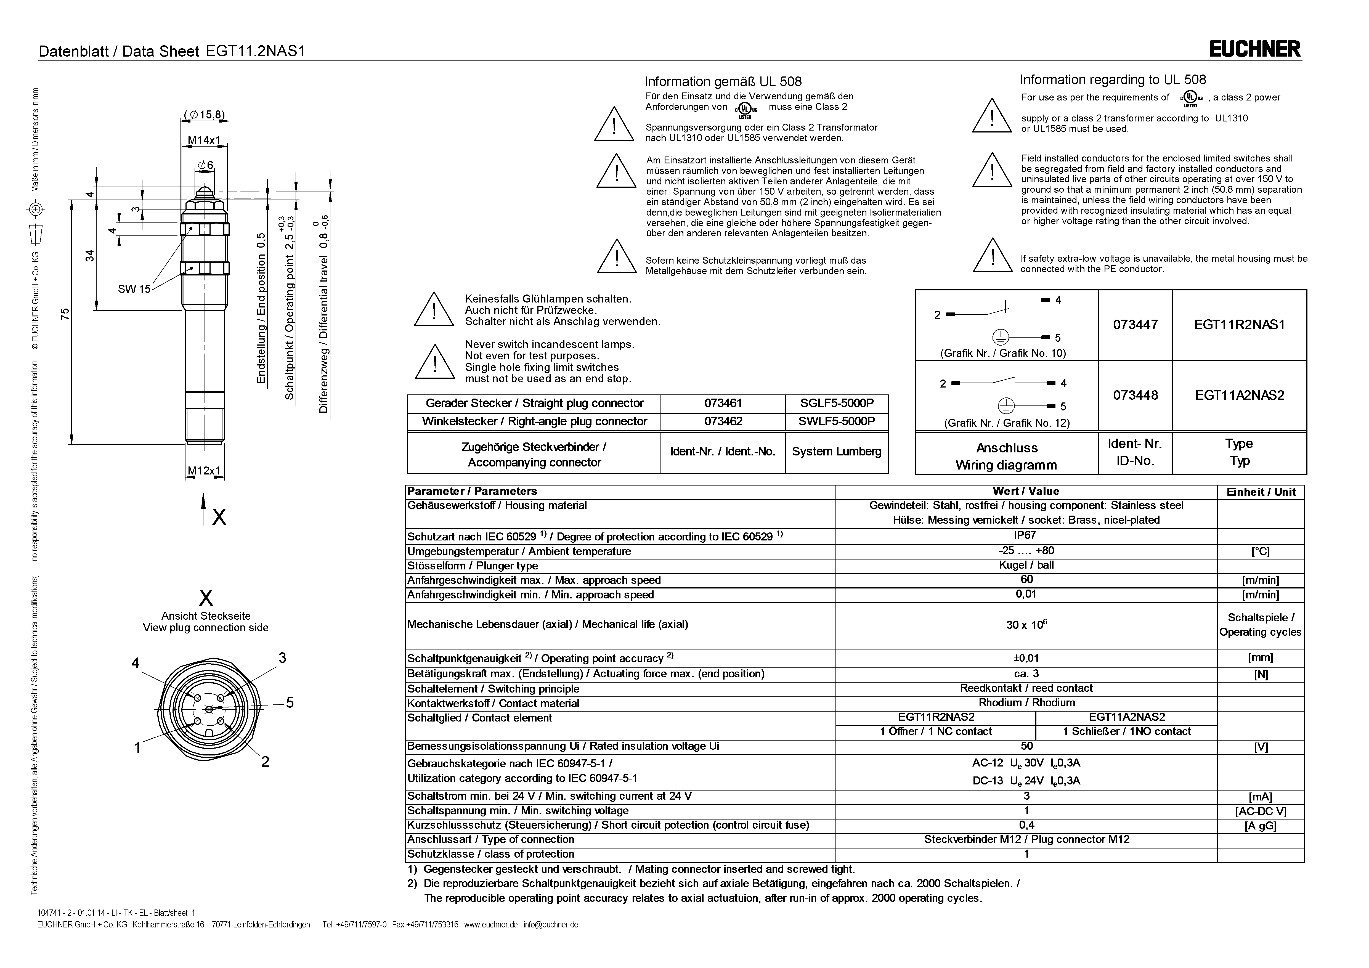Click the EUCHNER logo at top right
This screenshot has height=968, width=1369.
pos(1254,49)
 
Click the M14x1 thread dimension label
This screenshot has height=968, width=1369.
pos(204,140)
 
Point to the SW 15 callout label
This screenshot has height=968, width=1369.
pos(134,289)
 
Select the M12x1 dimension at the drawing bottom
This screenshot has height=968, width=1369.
pos(204,471)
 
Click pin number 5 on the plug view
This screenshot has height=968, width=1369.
pos(290,702)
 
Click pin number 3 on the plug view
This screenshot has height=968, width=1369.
pos(282,658)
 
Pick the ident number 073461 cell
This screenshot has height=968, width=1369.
pos(723,403)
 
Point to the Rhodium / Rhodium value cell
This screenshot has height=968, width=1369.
pos(1026,702)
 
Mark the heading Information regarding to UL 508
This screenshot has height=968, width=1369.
pos(1113,80)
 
